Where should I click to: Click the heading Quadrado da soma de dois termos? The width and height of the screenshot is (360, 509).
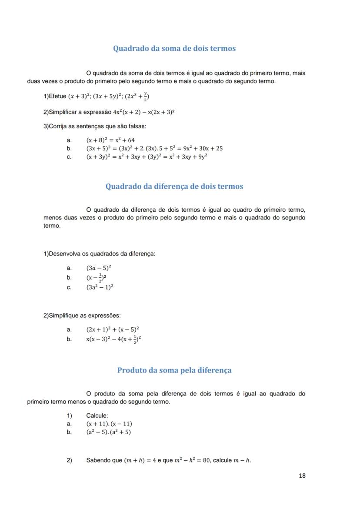(174, 48)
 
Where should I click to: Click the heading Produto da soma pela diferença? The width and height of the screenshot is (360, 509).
(174, 370)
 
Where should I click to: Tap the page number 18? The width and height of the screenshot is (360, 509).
(302, 476)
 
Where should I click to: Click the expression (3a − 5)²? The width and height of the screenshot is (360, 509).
(99, 268)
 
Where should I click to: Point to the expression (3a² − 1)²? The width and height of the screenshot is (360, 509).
(100, 287)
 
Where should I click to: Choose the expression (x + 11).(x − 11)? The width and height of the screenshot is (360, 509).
(109, 424)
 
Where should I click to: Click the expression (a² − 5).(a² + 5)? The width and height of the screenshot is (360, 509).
(108, 432)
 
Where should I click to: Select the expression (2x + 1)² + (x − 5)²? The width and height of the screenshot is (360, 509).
(113, 329)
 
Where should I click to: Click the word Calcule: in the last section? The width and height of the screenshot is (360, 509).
(97, 416)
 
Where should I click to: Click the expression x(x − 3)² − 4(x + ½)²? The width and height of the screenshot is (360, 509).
(113, 339)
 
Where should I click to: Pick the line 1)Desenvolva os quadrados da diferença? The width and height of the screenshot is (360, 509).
(99, 254)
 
